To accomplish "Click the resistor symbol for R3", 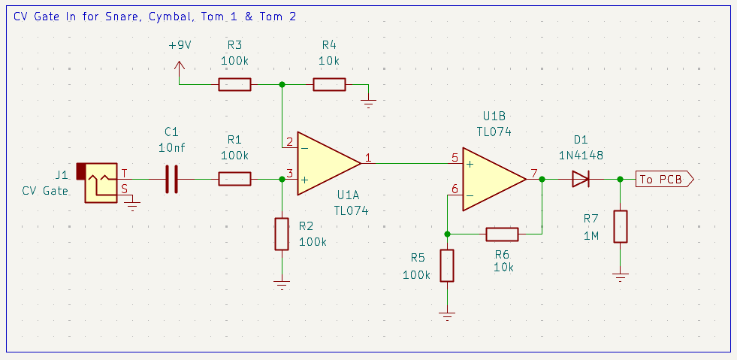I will (234, 84).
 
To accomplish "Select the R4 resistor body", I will (329, 84).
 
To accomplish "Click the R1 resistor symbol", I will (234, 179).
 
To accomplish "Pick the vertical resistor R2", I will (282, 234).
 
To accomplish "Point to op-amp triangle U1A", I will (328, 163).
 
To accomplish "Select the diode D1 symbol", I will (580, 179).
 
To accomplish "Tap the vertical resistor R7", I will (620, 226).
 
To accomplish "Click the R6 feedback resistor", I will (502, 234).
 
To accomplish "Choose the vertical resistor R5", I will (447, 265).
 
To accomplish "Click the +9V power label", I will (180, 45).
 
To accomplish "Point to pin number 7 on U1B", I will (533, 174).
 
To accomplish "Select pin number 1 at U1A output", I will (368, 158).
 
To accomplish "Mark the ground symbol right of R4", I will (368, 101).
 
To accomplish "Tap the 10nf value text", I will (172, 148).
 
